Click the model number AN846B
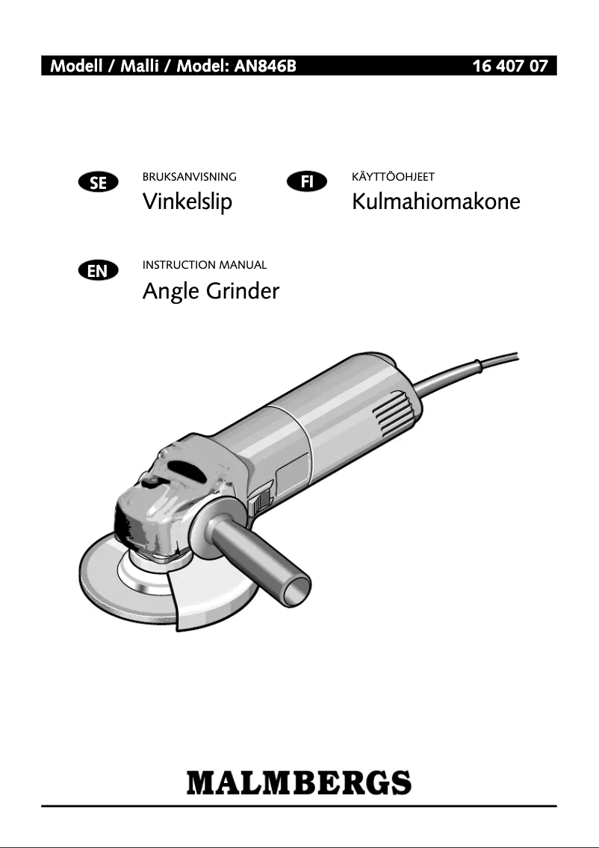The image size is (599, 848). click(265, 66)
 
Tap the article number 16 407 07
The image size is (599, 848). click(510, 66)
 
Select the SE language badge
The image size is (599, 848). click(98, 183)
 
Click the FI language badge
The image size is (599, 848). click(307, 181)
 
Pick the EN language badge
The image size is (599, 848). click(98, 270)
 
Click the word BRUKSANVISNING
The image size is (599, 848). click(190, 177)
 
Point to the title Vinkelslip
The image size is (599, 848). click(187, 202)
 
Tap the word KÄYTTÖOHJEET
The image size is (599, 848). click(393, 176)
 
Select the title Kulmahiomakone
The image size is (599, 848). click(436, 202)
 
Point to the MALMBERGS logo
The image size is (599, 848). click(299, 782)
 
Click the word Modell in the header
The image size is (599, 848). click(76, 66)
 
